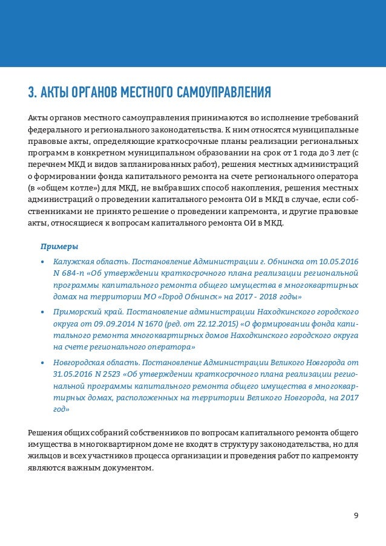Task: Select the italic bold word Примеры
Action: click(x=59, y=246)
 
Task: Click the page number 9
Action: click(x=356, y=515)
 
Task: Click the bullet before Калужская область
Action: click(x=42, y=262)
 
